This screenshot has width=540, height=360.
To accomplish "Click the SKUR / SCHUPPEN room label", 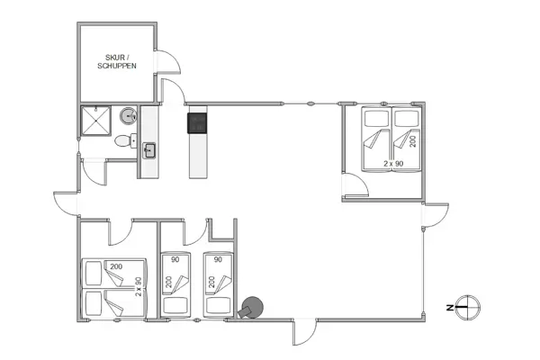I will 117,62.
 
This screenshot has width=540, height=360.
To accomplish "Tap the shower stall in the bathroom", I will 94,121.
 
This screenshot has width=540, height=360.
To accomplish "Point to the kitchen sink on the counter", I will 148,149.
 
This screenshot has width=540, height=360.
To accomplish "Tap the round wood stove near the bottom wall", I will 252,308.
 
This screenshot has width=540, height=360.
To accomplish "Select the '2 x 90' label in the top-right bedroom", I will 392,163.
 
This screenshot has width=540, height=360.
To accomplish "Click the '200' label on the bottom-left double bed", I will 116,267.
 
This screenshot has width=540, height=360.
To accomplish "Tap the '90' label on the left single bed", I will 175,260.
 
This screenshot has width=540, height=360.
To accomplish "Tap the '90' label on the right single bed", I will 219,260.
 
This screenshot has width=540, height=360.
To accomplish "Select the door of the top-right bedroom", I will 356,186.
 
